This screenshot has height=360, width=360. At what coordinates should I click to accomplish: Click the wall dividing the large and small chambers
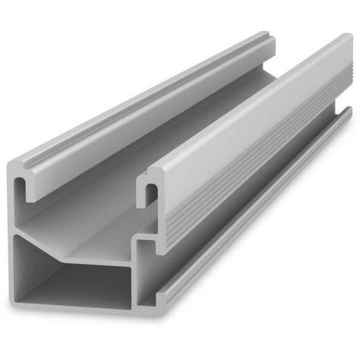coord(135,277)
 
